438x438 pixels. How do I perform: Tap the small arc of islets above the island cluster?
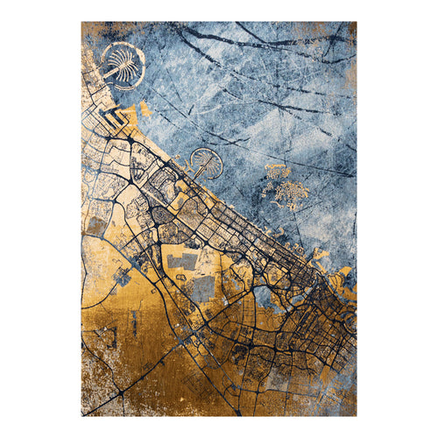(x=275, y=166)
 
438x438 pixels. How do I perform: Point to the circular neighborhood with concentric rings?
(x=163, y=214)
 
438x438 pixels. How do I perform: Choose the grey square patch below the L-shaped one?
(x=202, y=288)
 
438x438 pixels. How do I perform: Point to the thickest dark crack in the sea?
(x=263, y=39)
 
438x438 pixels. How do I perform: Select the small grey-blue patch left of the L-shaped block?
(x=123, y=276)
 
